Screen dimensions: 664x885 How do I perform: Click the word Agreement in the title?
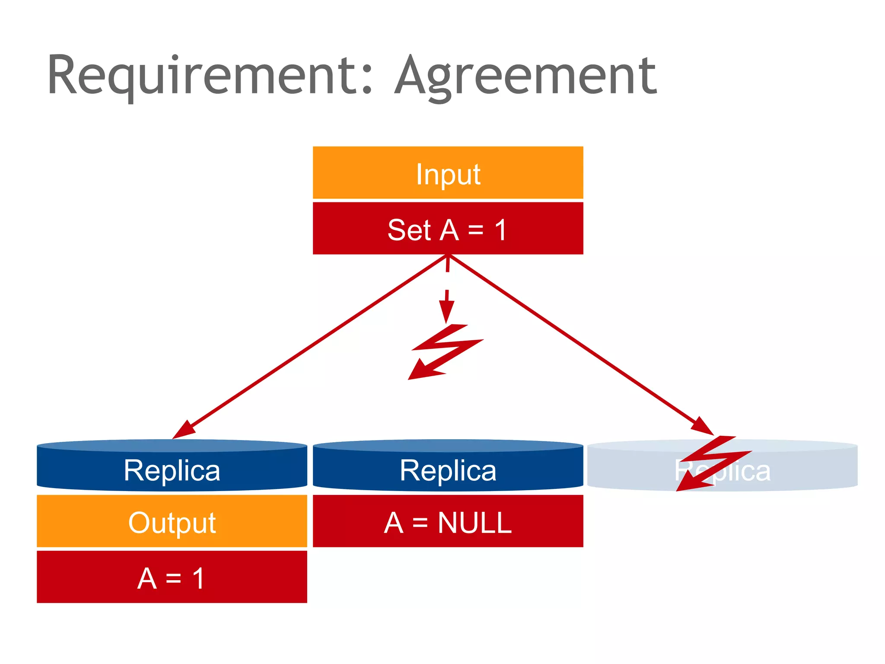pos(525,77)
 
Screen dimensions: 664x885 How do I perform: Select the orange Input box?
pos(448,173)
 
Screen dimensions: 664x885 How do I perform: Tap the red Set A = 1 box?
pos(448,228)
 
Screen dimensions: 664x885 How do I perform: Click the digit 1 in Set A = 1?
pos(501,230)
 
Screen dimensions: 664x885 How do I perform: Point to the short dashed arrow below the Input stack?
pos(447,294)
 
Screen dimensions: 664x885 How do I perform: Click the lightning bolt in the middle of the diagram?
pos(445,350)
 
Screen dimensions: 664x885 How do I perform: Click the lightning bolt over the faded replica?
pos(713,463)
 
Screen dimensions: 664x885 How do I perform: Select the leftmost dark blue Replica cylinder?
pos(172,466)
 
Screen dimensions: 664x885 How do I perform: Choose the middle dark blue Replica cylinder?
pos(448,466)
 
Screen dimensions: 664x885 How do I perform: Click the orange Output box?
pos(172,522)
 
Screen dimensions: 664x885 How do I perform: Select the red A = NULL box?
pos(448,522)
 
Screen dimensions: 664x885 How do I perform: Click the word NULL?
pos(474,523)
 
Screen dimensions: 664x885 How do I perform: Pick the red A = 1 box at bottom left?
pos(172,577)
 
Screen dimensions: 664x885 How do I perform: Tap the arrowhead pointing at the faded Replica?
pos(701,426)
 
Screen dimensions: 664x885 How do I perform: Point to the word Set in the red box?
pos(409,230)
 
